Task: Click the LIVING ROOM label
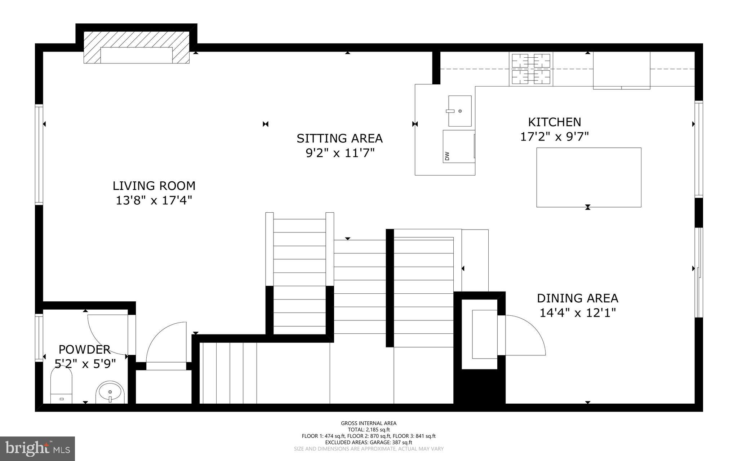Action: (x=154, y=186)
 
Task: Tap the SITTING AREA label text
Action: (x=339, y=138)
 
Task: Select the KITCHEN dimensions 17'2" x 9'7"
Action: (x=554, y=137)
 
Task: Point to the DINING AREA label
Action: (x=577, y=298)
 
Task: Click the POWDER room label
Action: (x=84, y=350)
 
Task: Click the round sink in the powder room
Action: (x=110, y=393)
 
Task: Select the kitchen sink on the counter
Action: (x=460, y=111)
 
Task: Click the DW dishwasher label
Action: (x=447, y=156)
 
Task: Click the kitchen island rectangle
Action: (x=588, y=177)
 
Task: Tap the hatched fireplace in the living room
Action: (x=136, y=47)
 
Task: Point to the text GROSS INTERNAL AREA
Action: (x=369, y=423)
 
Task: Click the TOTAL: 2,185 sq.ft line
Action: (x=369, y=430)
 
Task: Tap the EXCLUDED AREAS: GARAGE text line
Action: (x=369, y=442)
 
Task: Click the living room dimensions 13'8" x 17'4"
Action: (x=154, y=200)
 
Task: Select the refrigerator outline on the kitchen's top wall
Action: (x=621, y=70)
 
